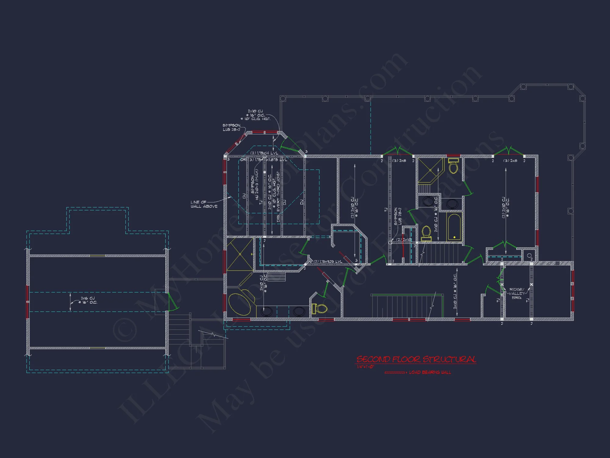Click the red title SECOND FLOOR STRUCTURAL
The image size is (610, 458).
[416, 359]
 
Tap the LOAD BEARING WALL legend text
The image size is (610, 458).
[430, 372]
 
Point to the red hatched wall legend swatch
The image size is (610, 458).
[395, 373]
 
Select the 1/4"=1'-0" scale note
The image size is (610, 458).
[365, 367]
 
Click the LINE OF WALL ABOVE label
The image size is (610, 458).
[204, 204]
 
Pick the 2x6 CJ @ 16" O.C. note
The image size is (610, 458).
[89, 300]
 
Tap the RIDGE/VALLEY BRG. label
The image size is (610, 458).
[517, 293]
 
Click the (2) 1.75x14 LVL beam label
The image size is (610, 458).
[264, 153]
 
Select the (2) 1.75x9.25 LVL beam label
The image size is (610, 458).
[328, 261]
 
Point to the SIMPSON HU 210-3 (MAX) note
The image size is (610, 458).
[254, 185]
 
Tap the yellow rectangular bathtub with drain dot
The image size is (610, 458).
[454, 228]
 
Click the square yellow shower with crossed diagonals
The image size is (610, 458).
[240, 254]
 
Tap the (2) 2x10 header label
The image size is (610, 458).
[404, 240]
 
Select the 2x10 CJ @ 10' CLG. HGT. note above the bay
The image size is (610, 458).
[256, 115]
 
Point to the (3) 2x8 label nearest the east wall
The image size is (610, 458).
[510, 161]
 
